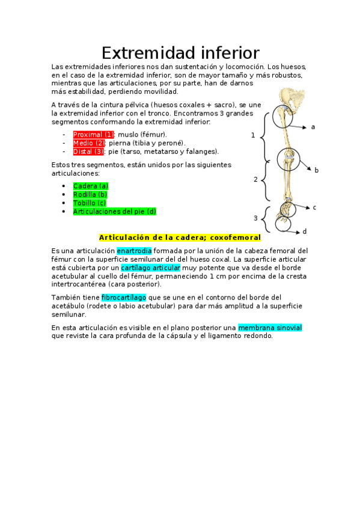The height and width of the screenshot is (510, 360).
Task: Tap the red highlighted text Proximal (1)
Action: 93,134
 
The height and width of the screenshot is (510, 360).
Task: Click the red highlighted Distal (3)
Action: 89,152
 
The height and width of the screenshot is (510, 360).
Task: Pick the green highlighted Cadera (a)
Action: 91,186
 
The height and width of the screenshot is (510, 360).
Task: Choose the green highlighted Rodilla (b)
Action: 90,194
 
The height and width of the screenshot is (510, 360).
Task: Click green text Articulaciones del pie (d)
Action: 114,211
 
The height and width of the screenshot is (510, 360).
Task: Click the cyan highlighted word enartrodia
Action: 134,250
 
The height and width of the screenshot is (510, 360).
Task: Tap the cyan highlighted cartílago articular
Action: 150,267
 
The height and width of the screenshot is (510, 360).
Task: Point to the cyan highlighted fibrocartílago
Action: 124,298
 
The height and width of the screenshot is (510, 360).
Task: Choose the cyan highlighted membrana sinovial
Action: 270,328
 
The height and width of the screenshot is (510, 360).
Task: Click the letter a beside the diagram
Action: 313,127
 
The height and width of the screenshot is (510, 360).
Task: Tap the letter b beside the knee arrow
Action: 317,170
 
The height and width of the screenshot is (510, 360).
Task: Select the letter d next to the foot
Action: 305,232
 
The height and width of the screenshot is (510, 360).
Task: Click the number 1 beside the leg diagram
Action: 253,135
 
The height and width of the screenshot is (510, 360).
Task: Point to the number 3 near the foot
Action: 255,218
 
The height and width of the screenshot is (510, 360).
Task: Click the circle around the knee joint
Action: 288,160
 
